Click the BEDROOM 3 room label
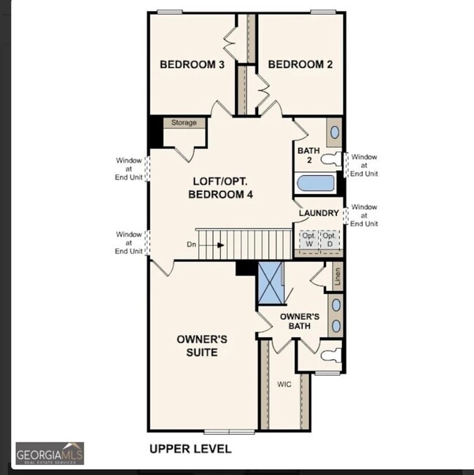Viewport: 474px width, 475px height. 192,65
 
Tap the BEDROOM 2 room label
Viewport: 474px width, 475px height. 300,65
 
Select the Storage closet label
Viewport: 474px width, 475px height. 184,123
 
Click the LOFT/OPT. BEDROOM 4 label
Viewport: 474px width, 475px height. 222,188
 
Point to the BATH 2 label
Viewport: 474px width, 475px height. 308,155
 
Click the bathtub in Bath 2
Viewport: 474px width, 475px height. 315,182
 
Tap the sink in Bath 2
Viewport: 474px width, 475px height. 335,132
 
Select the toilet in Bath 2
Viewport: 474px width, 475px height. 332,158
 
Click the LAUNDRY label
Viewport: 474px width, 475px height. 319,213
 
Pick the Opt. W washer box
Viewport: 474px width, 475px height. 308,239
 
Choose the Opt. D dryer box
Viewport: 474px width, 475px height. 330,239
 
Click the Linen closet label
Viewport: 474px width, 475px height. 337,277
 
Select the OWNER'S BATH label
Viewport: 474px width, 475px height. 300,321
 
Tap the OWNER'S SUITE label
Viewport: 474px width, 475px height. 202,346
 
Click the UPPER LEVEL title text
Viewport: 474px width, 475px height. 190,449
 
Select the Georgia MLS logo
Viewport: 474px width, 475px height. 50,453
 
